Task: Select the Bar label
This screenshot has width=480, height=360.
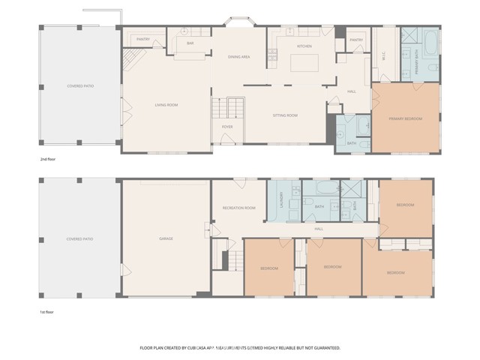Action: [x=190, y=43]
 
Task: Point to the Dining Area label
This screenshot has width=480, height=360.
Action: [x=239, y=56]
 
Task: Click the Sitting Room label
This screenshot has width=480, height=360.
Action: [x=285, y=115]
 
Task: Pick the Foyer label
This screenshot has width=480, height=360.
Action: [x=226, y=127]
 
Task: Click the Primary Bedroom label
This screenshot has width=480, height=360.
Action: [x=405, y=118]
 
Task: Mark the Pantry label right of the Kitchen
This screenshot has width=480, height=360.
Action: [x=356, y=40]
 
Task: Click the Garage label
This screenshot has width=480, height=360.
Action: [x=166, y=238]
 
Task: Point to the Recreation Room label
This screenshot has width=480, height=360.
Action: [x=238, y=208]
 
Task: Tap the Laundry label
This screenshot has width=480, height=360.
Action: [x=281, y=200]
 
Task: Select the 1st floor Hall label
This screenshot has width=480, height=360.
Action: [x=319, y=229]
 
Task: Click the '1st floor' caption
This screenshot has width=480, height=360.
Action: [x=48, y=311]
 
